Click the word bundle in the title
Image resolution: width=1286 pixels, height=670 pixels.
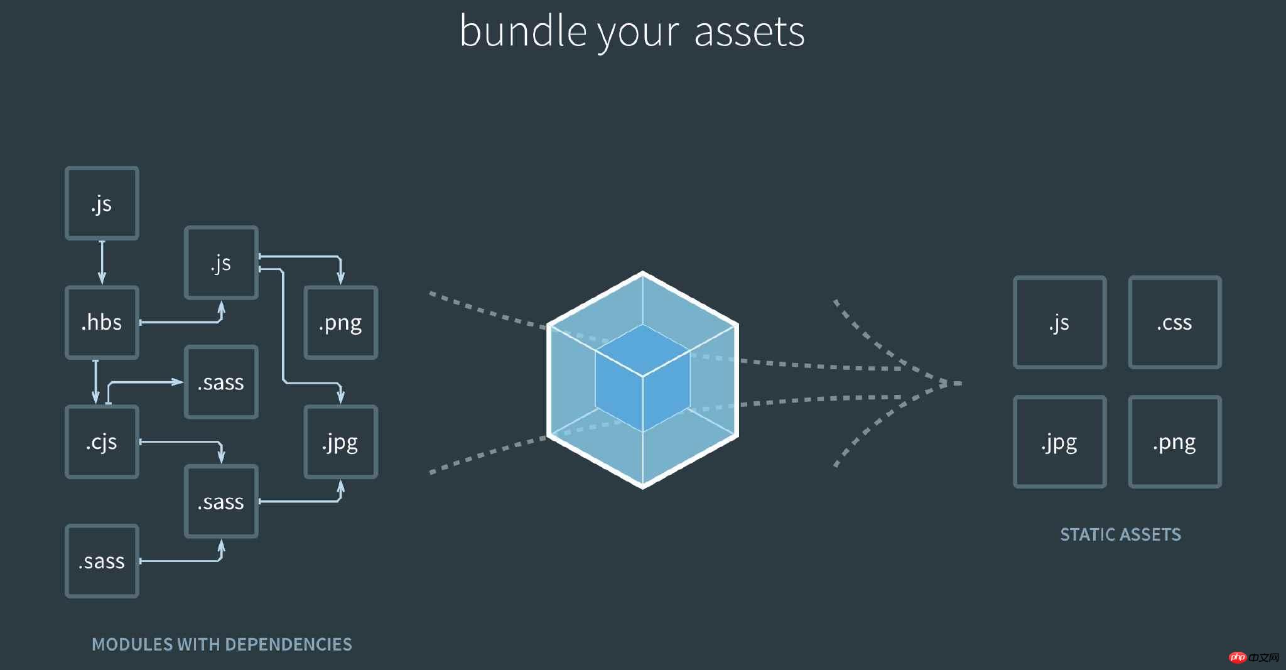523,31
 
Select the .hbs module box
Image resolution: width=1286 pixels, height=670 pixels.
102,323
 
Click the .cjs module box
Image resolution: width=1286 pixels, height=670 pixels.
102,442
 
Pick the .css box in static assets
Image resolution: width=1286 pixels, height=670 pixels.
1174,322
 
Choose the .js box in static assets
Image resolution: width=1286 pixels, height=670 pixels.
1059,322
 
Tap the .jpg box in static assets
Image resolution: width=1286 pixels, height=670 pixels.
1059,442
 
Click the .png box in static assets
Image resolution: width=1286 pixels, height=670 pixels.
1174,442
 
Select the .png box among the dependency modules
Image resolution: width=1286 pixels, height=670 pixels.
340,323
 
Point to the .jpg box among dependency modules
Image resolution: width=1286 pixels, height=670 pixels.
340,442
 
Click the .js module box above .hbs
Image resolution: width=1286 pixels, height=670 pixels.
102,203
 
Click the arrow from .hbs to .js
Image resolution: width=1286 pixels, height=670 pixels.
182,322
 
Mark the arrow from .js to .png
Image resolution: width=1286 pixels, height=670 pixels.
301,256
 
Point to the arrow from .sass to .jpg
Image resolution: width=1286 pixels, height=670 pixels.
301,501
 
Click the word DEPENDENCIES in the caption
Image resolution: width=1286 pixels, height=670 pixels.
288,644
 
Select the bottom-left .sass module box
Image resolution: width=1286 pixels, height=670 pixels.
102,561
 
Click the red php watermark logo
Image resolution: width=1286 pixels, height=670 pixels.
1238,657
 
